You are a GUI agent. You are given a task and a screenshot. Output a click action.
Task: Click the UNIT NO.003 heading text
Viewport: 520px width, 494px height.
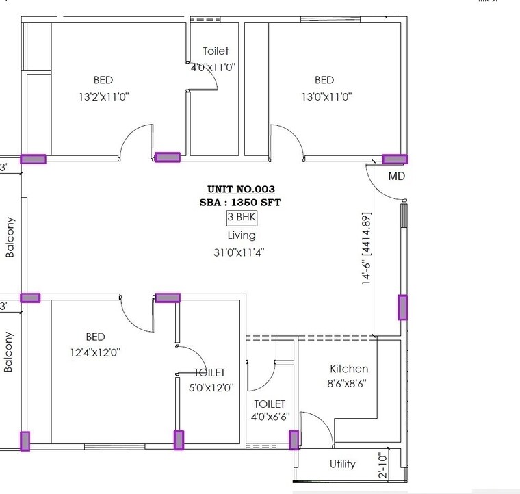coord(241,190)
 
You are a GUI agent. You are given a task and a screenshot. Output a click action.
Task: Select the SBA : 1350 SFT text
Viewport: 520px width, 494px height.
coord(240,203)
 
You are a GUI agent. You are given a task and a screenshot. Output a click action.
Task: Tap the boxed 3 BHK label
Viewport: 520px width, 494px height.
coord(241,218)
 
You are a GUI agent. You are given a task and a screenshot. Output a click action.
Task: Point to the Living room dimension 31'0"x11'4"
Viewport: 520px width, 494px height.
coord(239,252)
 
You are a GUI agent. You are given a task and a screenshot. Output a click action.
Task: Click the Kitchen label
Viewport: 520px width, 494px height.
coord(348,369)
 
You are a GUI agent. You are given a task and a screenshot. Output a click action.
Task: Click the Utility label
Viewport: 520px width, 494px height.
coord(342,464)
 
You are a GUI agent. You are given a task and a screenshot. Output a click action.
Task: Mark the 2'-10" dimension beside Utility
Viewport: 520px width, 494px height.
coord(382,465)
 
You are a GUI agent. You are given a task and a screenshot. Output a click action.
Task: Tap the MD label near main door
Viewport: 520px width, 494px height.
coord(396,177)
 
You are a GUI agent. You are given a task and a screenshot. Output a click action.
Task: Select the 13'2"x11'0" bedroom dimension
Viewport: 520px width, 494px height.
coord(103,97)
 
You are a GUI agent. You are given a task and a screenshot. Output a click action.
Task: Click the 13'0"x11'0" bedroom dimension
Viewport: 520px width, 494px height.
coord(326,97)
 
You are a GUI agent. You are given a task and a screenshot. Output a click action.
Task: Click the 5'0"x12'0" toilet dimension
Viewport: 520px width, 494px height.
coord(211,387)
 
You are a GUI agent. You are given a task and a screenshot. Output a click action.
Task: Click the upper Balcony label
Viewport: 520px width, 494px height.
coord(10,237)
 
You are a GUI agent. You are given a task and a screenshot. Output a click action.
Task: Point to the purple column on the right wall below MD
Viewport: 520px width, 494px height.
coord(402,307)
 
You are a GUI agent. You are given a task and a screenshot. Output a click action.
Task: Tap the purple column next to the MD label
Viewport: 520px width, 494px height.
coord(394,159)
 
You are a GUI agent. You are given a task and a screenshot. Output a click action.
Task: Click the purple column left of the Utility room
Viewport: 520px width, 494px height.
coord(294,440)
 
